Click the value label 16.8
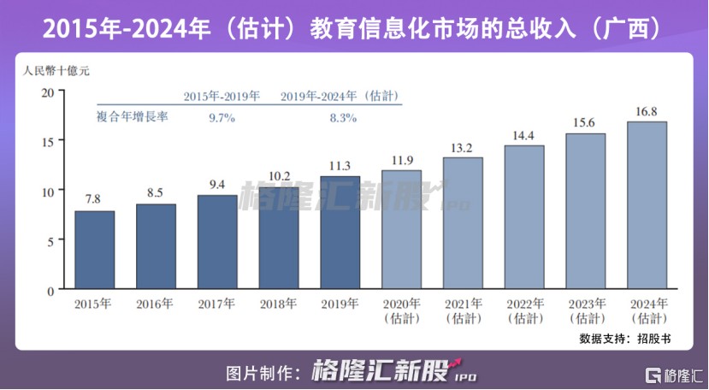pos(647,111)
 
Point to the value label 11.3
pos(340,166)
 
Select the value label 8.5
pos(156,193)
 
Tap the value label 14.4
pos(524,135)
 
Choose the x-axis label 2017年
pos(217,304)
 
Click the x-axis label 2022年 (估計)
pos(524,310)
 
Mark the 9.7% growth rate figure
pos(222,118)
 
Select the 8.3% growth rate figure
pos(343,118)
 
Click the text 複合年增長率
pos(132,117)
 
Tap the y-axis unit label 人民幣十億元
pos(57,70)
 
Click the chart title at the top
pos(354,29)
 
